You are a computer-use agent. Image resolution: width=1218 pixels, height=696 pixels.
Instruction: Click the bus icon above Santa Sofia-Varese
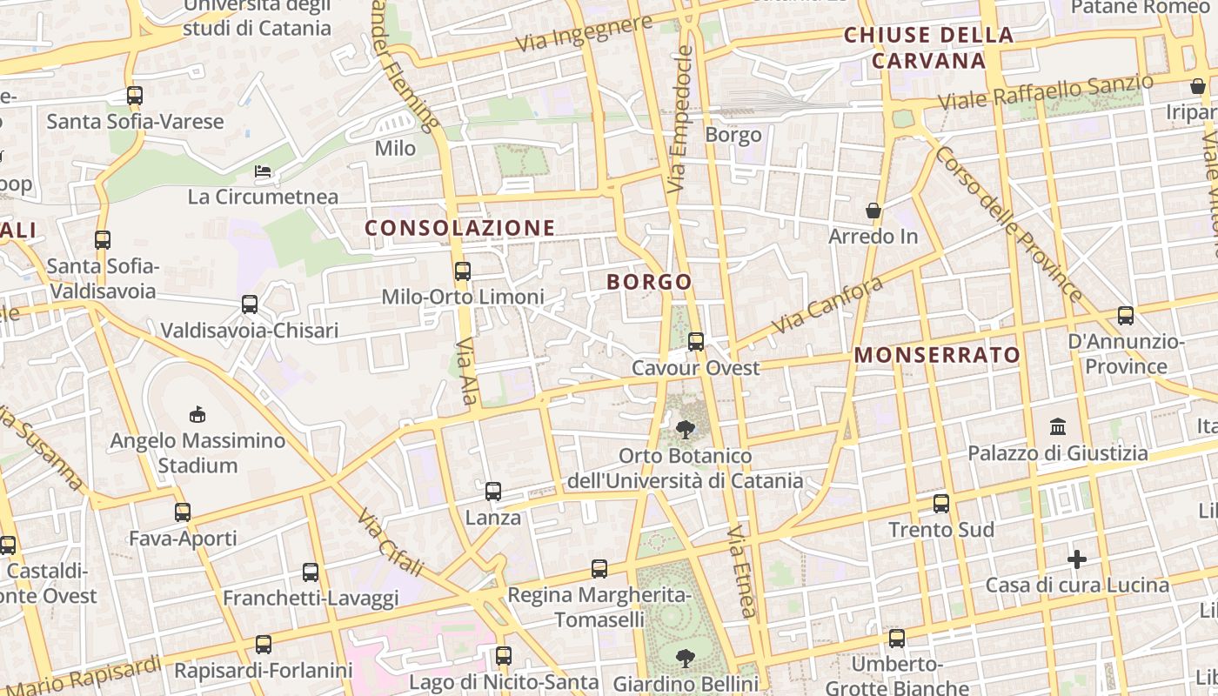pos(134,96)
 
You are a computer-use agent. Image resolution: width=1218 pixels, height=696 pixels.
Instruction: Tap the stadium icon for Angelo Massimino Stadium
pos(197,415)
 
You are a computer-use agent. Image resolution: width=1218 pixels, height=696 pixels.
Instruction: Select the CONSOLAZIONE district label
pos(459,228)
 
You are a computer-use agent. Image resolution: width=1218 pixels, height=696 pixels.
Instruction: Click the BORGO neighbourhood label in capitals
pos(649,282)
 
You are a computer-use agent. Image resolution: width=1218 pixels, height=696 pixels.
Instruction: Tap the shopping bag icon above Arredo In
pos(873,211)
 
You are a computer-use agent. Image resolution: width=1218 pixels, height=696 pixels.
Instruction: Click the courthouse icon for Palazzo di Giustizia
pos(1058,426)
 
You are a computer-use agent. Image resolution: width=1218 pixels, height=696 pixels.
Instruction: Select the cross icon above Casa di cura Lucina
pos(1077,559)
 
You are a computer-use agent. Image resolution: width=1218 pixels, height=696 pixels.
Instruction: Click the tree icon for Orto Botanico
pos(686,429)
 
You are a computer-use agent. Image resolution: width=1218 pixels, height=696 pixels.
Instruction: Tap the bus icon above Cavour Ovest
pos(695,342)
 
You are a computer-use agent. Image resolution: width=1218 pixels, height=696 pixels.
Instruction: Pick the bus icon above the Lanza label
pos(493,492)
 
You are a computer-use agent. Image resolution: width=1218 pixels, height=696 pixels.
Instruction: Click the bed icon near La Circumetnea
pos(263,171)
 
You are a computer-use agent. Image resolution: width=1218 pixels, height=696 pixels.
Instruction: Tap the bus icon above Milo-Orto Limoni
pos(463,271)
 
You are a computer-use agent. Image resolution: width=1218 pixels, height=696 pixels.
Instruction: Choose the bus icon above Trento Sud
pos(940,504)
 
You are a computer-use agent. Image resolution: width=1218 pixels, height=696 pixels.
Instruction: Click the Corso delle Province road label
pos(1008,224)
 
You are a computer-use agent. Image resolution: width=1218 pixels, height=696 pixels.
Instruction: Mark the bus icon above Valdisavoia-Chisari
pos(250,304)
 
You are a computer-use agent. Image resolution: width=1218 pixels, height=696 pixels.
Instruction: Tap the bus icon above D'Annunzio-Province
pos(1126,316)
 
